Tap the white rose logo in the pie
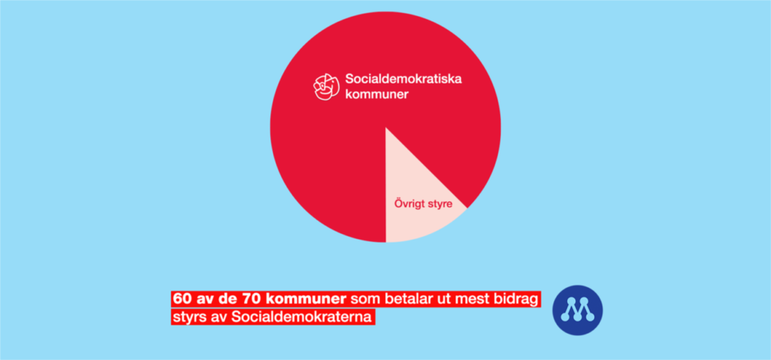pos(327,87)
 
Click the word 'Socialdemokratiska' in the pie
pos(404,78)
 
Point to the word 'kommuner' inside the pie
pos(376,94)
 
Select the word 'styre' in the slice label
pos(439,203)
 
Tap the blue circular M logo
pos(577,310)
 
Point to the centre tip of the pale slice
pos(385,127)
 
